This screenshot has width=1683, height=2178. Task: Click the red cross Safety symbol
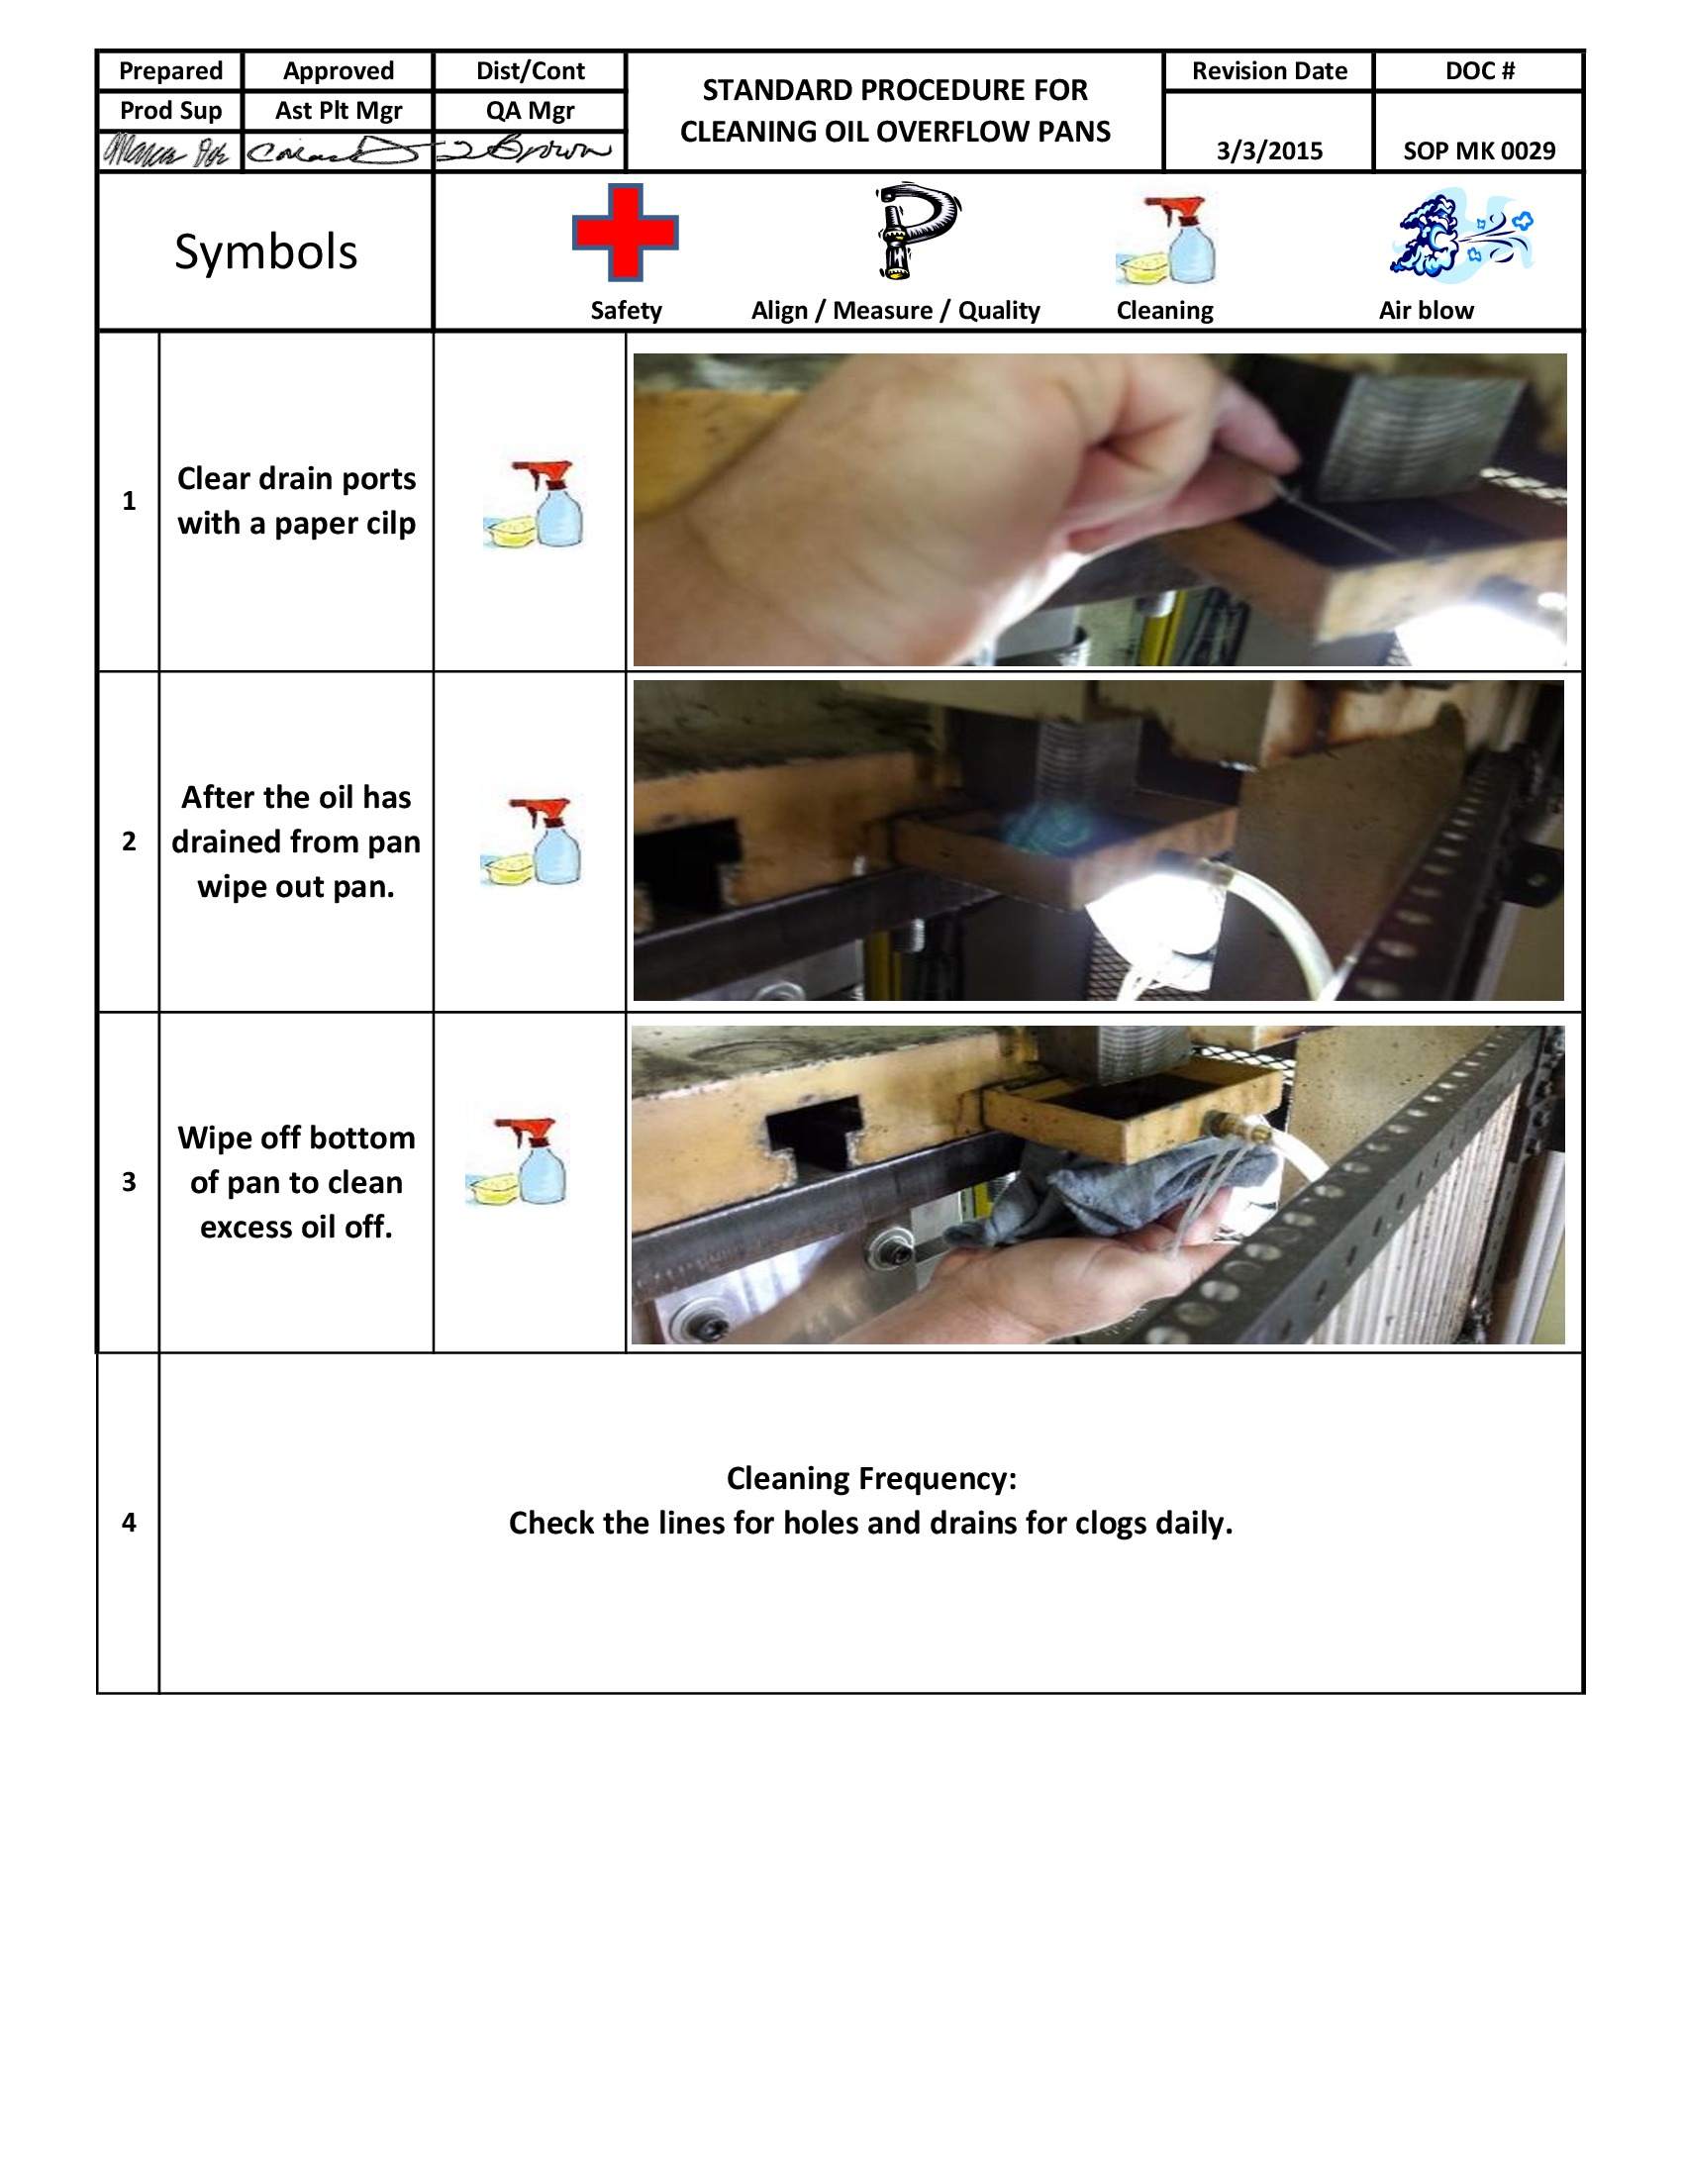pyautogui.click(x=625, y=233)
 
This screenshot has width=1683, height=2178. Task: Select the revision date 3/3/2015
pyautogui.click(x=1268, y=150)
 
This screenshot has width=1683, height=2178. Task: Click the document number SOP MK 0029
pyautogui.click(x=1479, y=150)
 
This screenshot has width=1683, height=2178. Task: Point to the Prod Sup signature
pyautogui.click(x=167, y=152)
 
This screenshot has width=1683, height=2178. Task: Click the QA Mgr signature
pyautogui.click(x=530, y=151)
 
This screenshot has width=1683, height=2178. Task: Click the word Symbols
pyautogui.click(x=265, y=251)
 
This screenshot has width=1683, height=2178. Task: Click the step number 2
pyautogui.click(x=129, y=841)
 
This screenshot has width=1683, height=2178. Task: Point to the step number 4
pyautogui.click(x=129, y=1522)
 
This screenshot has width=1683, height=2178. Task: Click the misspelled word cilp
pyautogui.click(x=390, y=524)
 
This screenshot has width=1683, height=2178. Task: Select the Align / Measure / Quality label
pyautogui.click(x=895, y=310)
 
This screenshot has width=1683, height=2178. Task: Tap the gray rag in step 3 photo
pyautogui.click(x=1107, y=1192)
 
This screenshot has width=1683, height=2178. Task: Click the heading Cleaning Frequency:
pyautogui.click(x=870, y=1478)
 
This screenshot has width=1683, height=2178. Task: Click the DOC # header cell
pyautogui.click(x=1479, y=71)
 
